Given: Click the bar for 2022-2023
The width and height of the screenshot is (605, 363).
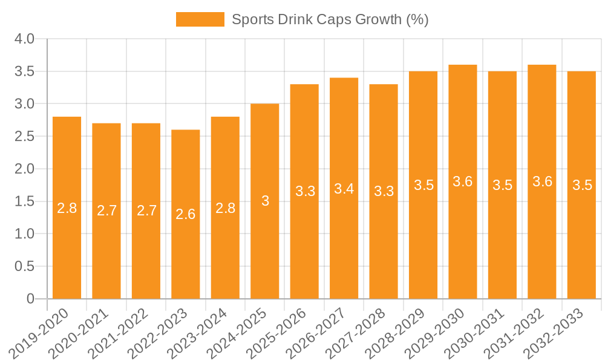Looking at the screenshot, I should tap(186, 214).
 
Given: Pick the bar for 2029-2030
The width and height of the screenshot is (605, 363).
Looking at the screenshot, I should tap(463, 181).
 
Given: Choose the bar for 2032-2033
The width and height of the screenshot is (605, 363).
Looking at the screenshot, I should tap(581, 185).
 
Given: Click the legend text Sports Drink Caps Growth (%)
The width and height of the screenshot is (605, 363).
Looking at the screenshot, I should tap(330, 19).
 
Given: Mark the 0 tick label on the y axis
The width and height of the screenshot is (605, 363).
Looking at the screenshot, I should tap(31, 299).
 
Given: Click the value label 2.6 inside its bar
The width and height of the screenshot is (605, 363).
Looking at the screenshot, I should tap(186, 214).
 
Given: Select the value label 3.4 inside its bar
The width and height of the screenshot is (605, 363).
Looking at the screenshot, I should tap(344, 189).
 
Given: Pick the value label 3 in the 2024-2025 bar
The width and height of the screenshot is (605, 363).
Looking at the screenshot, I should tap(265, 201).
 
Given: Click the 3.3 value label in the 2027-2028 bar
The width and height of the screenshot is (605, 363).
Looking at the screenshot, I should tap(384, 191).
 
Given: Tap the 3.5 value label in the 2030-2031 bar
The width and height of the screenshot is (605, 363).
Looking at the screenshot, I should tap(502, 185).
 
